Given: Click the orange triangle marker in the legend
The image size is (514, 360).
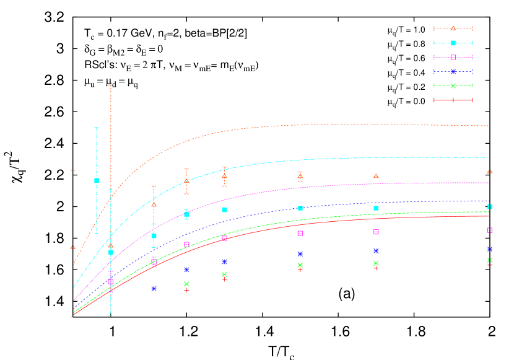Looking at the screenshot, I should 453,29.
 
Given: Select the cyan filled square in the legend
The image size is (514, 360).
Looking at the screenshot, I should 453,43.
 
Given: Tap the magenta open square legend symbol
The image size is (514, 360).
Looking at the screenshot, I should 453,57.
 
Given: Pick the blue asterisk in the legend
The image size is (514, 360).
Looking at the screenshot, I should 453,71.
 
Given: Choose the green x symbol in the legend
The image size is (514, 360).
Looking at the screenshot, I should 453,86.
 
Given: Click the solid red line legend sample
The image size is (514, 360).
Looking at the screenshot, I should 453,100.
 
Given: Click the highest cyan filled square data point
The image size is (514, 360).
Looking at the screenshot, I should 97,180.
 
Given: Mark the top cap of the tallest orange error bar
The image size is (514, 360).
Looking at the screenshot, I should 111,85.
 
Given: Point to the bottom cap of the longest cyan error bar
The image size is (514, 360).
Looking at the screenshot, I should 111,315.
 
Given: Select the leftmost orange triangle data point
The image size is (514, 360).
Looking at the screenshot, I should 72,247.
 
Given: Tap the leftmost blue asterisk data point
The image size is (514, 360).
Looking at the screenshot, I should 154,288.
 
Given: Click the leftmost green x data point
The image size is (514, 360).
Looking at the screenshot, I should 186,284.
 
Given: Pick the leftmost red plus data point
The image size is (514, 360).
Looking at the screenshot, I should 186,290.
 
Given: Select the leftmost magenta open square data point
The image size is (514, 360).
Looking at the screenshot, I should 111,281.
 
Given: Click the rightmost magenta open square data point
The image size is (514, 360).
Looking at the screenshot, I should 490,230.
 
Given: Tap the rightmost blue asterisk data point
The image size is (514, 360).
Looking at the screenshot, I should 490,249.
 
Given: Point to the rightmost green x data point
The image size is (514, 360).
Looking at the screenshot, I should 490,260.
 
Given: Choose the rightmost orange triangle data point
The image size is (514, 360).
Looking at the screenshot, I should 490,172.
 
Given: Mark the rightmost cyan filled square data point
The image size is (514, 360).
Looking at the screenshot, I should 490,206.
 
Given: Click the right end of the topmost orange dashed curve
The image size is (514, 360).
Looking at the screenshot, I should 489,126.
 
